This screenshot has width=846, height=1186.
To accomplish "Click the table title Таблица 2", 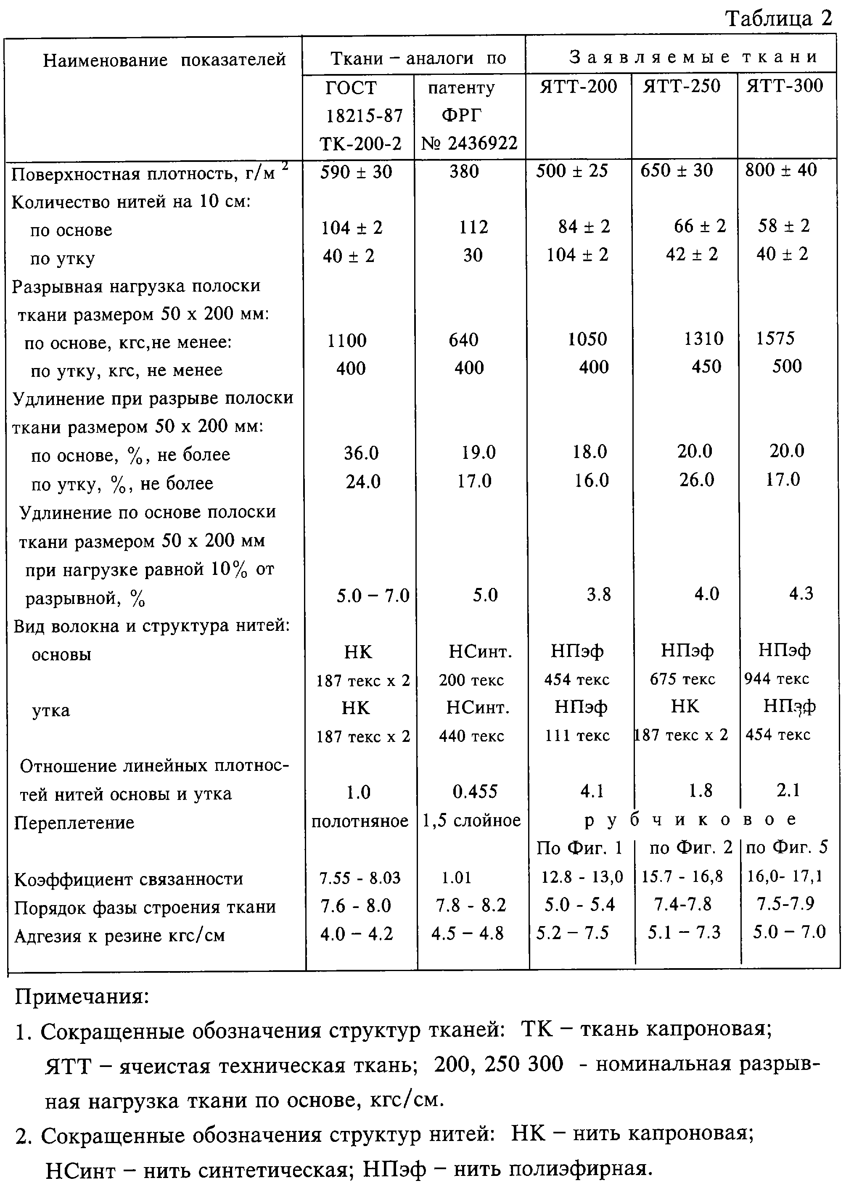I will (x=779, y=19).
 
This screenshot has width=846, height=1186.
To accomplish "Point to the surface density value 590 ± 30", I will (x=356, y=172).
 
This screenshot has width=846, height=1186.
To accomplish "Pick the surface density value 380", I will (x=464, y=172).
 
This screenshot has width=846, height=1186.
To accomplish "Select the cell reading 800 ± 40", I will (x=781, y=170).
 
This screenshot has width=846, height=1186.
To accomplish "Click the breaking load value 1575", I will (x=775, y=339).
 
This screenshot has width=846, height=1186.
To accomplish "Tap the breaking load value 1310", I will (x=704, y=339).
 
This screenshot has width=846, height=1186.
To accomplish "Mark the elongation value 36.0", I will (x=361, y=453).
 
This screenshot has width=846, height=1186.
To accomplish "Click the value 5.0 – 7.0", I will (x=373, y=595).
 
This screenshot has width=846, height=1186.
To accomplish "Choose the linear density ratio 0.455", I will (x=475, y=792).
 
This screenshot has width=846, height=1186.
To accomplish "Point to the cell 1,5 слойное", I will (x=471, y=821).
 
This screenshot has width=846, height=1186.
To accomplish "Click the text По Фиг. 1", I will (x=579, y=848).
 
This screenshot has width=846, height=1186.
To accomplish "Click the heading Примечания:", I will (x=82, y=997).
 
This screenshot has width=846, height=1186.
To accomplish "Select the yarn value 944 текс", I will (x=776, y=679).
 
